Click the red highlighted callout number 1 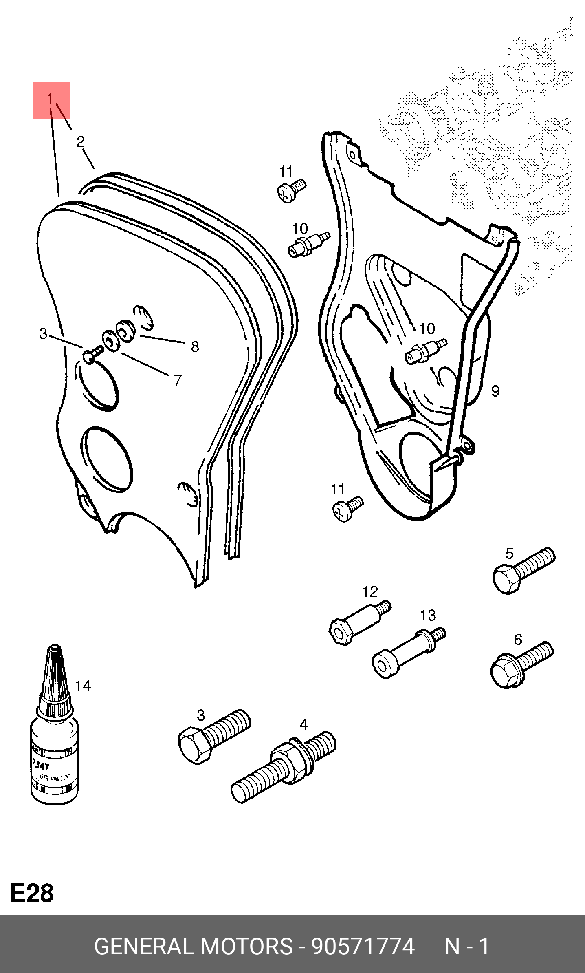[51, 99]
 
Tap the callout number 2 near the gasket [81, 141]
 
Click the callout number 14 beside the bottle [83, 686]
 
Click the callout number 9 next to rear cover [495, 391]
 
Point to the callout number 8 [195, 347]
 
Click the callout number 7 [177, 380]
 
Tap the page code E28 [32, 893]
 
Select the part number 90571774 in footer [363, 946]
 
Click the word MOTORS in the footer [246, 946]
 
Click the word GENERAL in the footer [143, 946]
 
